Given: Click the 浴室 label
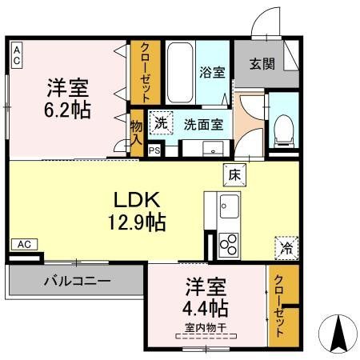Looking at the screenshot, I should pos(212,72).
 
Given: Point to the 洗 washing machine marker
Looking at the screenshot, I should pos(162,124).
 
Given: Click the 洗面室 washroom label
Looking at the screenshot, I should pos(203,125).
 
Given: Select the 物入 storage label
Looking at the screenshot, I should pos(136,132).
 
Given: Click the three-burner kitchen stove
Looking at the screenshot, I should pos(228,243).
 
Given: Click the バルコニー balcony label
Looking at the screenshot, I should pos(77,282).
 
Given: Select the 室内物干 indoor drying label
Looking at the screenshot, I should pos(206,327).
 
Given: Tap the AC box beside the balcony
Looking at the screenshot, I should pos(25,244).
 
